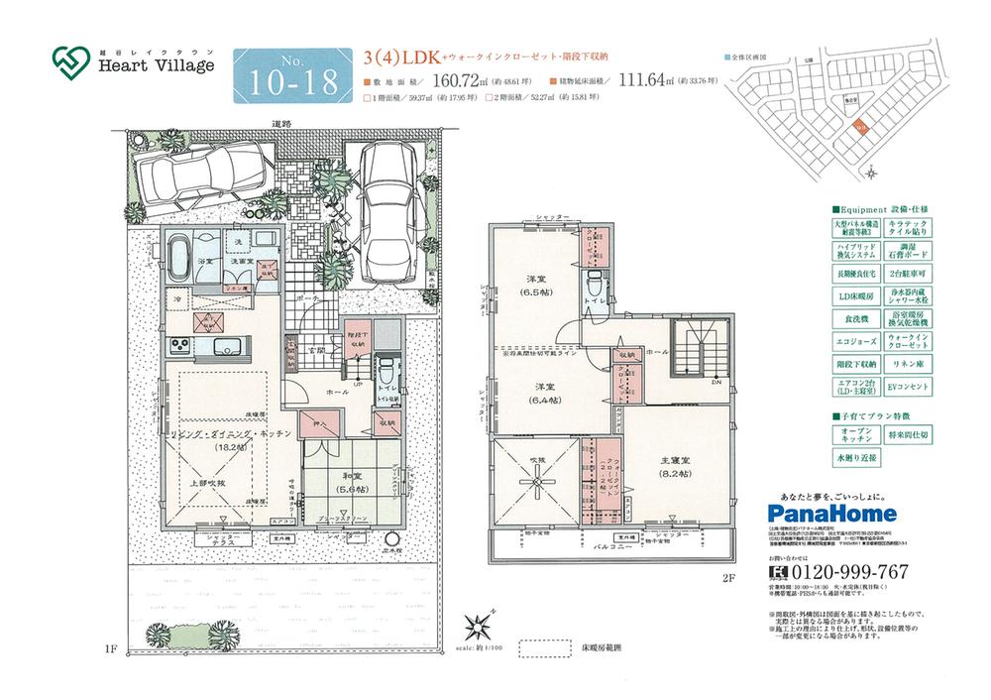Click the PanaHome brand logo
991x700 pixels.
[832, 514]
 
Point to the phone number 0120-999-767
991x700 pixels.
[850, 572]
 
